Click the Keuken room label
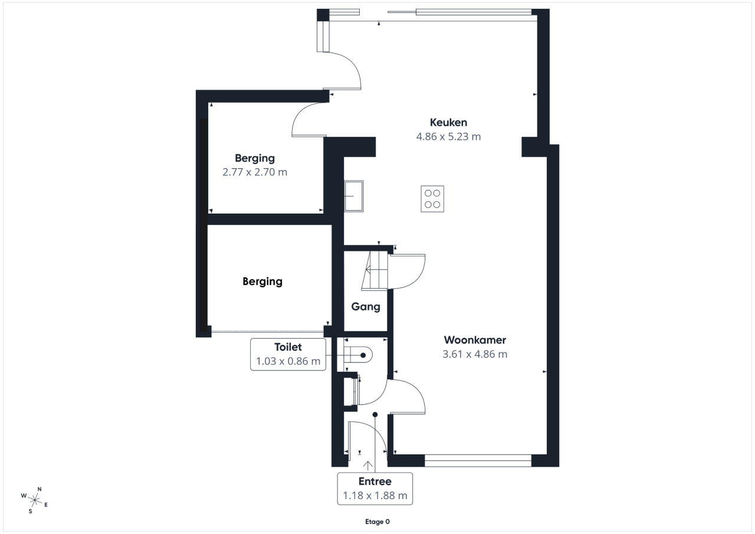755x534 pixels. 448,122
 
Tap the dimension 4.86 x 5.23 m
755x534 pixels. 448,136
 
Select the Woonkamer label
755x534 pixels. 475,340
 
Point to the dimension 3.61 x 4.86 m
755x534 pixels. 475,354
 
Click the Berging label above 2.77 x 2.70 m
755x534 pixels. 255,159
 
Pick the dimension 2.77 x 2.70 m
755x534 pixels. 255,172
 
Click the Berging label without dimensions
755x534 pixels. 262,282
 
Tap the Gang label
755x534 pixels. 366,307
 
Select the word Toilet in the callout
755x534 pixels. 288,347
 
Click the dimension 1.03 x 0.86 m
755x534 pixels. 288,361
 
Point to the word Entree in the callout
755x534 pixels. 375,481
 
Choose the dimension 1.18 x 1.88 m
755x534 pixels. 375,496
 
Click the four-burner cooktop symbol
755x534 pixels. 432,199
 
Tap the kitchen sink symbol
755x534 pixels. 354,196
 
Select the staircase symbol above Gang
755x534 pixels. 375,270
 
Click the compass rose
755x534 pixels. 34,500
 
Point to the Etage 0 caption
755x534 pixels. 377,522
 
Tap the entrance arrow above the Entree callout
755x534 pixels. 367,466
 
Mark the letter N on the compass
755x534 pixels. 40,489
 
